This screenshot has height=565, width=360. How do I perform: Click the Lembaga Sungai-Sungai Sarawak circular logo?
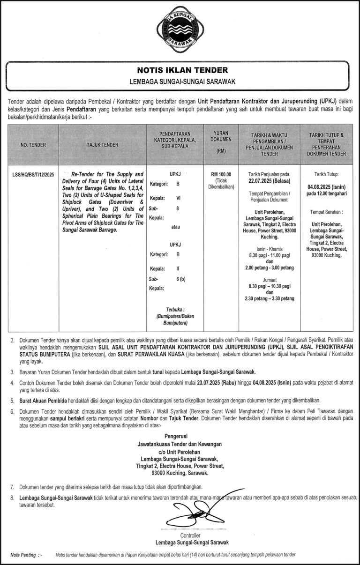(x=180, y=30)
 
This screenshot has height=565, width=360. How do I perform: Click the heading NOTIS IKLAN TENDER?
(x=182, y=71)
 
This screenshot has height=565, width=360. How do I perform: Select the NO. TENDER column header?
(x=33, y=145)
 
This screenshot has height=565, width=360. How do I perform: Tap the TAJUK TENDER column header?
(x=103, y=145)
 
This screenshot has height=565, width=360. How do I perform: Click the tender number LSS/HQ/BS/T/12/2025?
(x=33, y=175)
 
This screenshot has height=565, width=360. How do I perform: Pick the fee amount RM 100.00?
(x=221, y=174)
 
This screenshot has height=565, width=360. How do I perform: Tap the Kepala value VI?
(x=178, y=197)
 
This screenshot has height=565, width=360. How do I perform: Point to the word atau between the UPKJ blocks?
(x=176, y=227)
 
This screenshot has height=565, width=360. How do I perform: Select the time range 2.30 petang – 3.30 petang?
(x=270, y=298)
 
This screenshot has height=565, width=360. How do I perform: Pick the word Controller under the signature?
(x=190, y=535)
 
